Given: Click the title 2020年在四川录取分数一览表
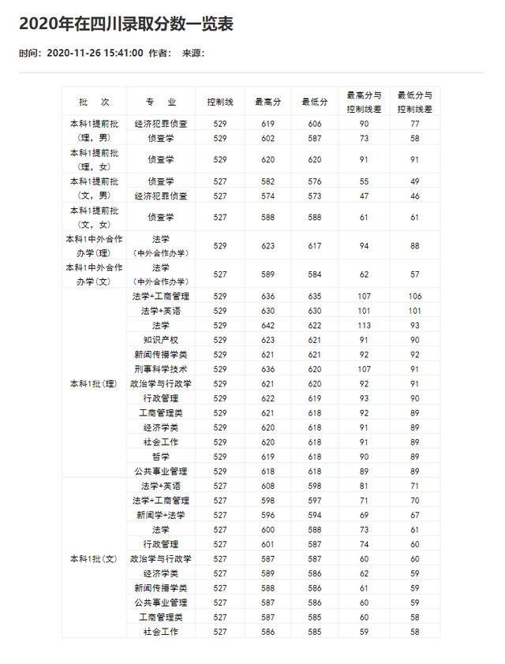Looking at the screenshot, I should (126, 24).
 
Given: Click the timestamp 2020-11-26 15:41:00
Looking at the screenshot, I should (95, 54).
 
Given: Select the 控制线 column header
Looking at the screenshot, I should (220, 103).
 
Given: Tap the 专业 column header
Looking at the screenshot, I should (161, 103).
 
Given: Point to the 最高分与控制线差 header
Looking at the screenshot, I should (365, 103).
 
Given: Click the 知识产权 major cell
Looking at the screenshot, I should (161, 340).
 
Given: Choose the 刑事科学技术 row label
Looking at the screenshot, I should (161, 369).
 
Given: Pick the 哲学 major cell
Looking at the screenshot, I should (161, 457).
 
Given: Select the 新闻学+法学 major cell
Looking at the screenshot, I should (161, 515).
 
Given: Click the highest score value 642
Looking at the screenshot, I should (268, 326).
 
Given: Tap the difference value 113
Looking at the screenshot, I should (365, 326).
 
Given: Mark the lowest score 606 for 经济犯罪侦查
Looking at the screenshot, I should (315, 124).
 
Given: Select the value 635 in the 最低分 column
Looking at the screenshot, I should (315, 297).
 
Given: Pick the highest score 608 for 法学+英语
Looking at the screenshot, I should (268, 486).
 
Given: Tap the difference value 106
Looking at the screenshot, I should (415, 297).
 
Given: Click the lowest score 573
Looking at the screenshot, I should (315, 196).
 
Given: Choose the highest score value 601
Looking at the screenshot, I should (268, 544).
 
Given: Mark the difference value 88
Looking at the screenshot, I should (415, 246).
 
